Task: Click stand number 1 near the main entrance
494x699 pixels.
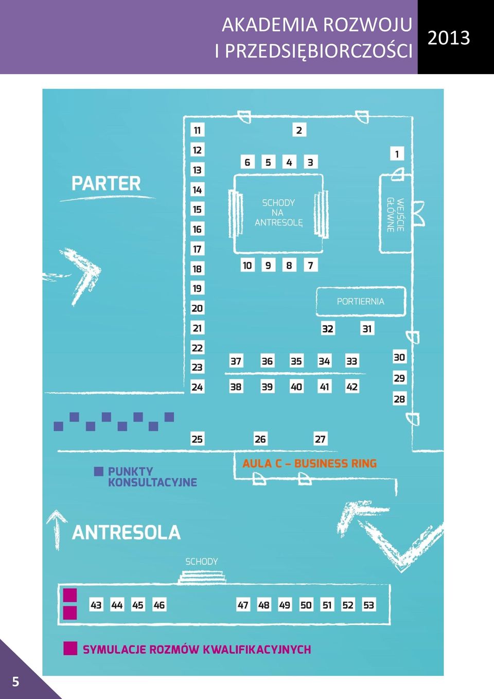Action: click(397, 154)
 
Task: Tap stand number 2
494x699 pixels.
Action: click(299, 130)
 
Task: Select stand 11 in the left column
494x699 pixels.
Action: click(197, 130)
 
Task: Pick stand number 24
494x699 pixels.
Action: click(197, 387)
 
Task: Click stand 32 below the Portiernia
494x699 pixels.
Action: click(328, 328)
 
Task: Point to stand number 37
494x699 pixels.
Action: click(236, 361)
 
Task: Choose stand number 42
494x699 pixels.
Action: click(352, 387)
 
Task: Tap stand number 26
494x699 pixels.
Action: click(260, 439)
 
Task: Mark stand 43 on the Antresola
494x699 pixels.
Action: click(96, 605)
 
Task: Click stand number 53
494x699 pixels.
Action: click(368, 605)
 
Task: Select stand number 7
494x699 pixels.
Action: click(310, 265)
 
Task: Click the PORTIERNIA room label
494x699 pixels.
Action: click(361, 302)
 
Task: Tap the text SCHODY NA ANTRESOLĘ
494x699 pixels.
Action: click(278, 213)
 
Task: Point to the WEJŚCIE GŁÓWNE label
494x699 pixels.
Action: click(396, 215)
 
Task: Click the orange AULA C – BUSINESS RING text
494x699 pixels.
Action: click(310, 463)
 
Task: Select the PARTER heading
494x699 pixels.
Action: click(106, 183)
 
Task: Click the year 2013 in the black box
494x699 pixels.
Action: click(449, 38)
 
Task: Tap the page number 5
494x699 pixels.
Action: click(15, 681)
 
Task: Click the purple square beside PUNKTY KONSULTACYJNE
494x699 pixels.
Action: click(99, 471)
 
